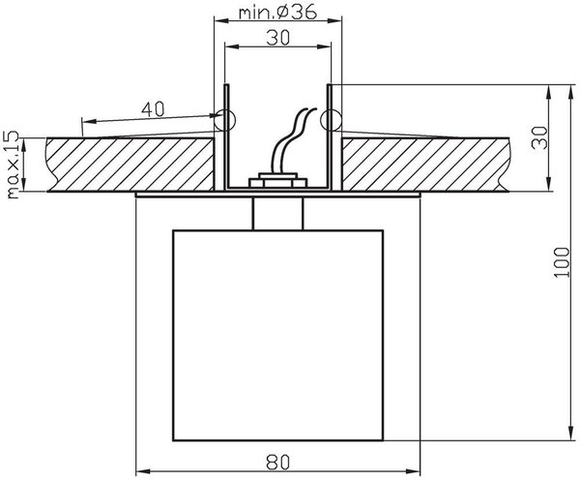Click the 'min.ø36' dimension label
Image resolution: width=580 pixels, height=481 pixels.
(x=277, y=12)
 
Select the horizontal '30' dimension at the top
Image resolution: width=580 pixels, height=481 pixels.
(x=277, y=38)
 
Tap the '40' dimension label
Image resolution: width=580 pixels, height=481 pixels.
(x=153, y=109)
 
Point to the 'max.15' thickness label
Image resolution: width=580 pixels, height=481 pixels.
(x=13, y=165)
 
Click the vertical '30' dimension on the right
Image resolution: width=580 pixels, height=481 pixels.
(x=539, y=137)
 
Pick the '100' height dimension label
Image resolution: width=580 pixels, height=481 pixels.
(x=562, y=262)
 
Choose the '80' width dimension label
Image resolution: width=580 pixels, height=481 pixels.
(x=278, y=462)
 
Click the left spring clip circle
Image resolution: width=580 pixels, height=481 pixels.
(x=225, y=120)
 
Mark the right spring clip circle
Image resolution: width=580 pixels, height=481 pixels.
(x=331, y=120)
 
